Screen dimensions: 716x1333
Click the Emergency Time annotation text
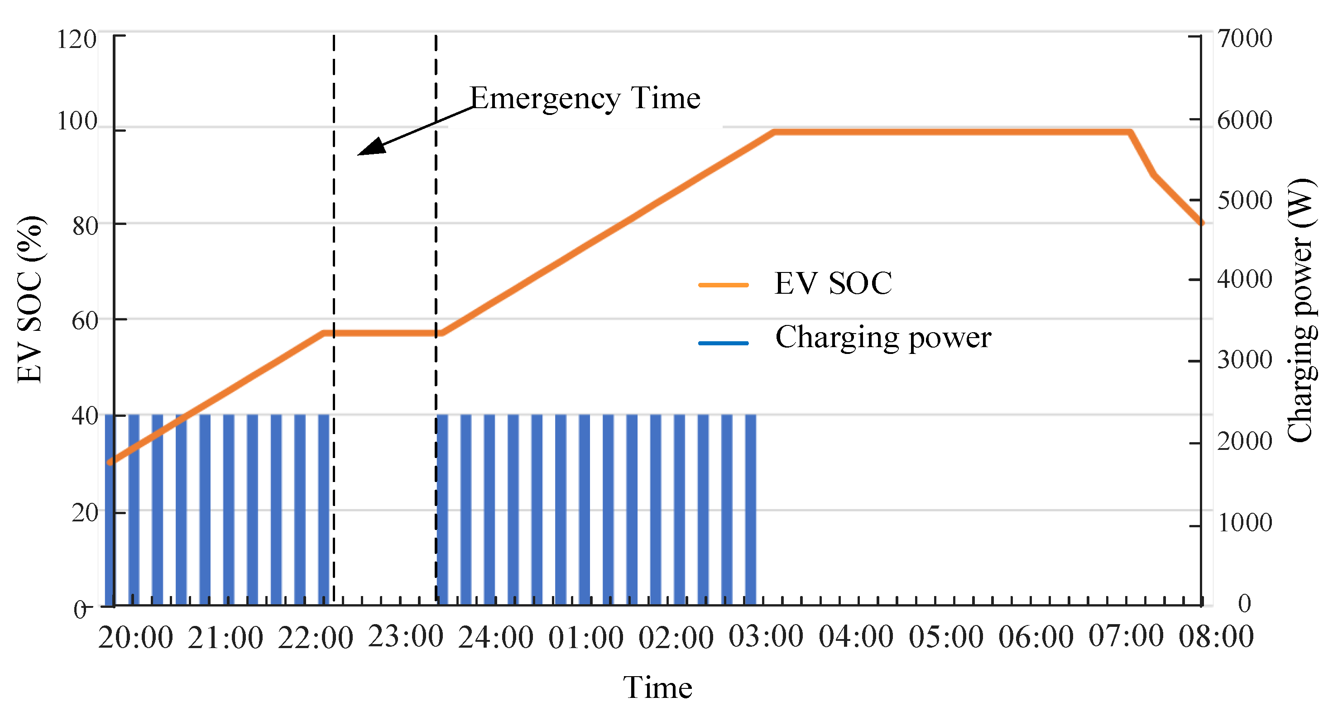pyautogui.click(x=585, y=98)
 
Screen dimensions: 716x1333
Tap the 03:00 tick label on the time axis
pyautogui.click(x=766, y=636)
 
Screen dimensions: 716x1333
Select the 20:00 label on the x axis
pyautogui.click(x=135, y=637)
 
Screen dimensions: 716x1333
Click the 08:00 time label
pyautogui.click(x=1216, y=636)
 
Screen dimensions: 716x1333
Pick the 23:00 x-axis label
pyautogui.click(x=406, y=636)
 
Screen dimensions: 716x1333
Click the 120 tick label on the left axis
pyautogui.click(x=77, y=39)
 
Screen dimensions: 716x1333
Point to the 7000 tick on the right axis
pyautogui.click(x=1245, y=38)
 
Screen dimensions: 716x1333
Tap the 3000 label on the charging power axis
pyautogui.click(x=1245, y=359)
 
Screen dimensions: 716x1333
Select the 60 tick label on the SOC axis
pyautogui.click(x=85, y=321)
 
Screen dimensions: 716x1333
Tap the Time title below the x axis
pyautogui.click(x=657, y=687)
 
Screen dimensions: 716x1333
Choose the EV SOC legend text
pyautogui.click(x=833, y=283)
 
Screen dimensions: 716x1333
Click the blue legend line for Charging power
pyautogui.click(x=724, y=343)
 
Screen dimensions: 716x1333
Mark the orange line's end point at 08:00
pyautogui.click(x=1202, y=223)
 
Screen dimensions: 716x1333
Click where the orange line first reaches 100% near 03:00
pyautogui.click(x=774, y=132)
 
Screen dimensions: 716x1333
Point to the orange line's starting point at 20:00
pyautogui.click(x=110, y=462)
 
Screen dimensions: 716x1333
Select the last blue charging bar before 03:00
pyautogui.click(x=750, y=510)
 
